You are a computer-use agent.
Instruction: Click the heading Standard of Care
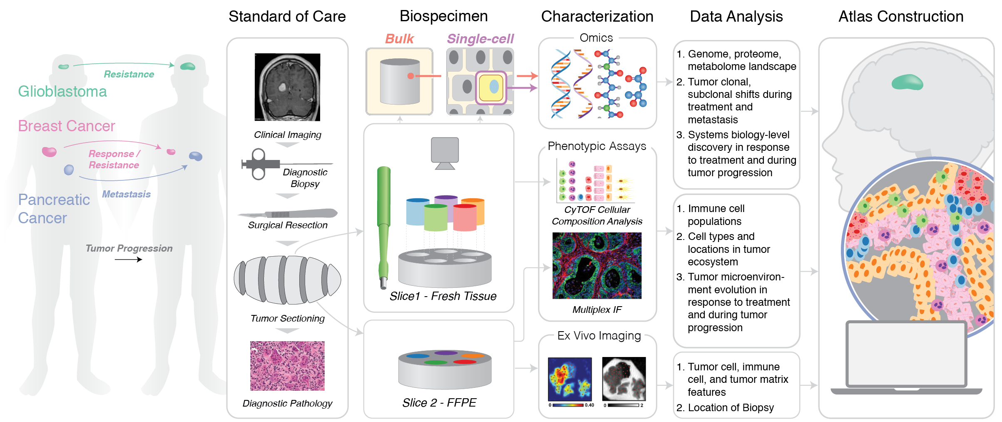(287, 17)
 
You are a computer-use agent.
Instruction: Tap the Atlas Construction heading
(900, 17)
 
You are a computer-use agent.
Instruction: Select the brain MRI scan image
(287, 87)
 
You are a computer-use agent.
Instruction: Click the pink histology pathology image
(287, 366)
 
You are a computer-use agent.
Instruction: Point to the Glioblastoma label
(62, 92)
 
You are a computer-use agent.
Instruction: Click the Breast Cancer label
(67, 126)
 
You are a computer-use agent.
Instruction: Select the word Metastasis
(126, 194)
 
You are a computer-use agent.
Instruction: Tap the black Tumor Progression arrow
(128, 260)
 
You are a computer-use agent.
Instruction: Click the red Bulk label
(399, 39)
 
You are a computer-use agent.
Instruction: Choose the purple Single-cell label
(480, 39)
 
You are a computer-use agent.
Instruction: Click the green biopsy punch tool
(383, 225)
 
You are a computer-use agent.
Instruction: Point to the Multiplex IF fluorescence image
(597, 265)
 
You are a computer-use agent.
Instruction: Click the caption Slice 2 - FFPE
(439, 402)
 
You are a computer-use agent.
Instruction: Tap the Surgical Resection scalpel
(287, 214)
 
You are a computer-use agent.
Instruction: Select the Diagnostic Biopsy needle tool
(266, 164)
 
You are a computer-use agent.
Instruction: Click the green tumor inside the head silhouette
(907, 82)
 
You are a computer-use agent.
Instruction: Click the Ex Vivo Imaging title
(599, 336)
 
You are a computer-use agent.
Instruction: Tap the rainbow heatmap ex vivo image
(569, 379)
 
